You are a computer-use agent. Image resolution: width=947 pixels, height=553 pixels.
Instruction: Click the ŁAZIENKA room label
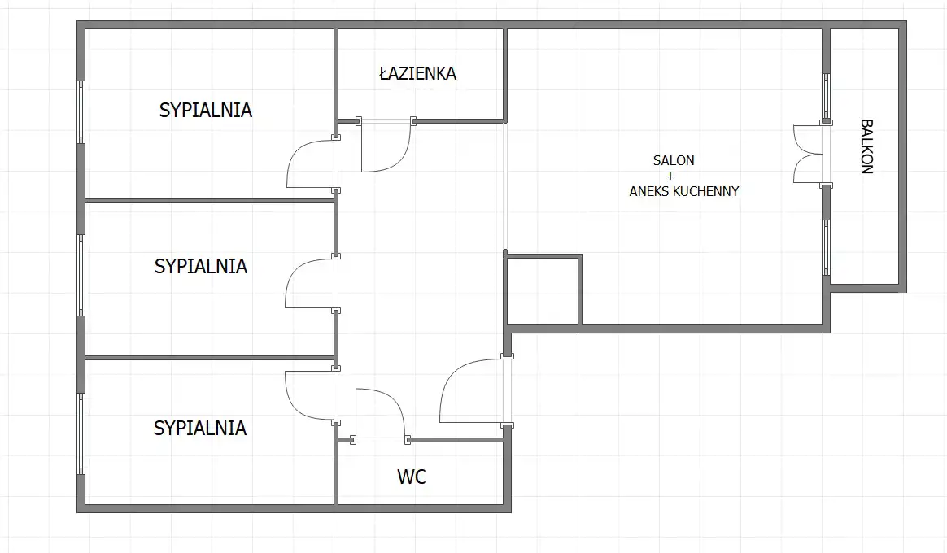click(417, 73)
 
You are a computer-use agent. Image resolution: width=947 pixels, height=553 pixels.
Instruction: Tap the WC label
click(412, 477)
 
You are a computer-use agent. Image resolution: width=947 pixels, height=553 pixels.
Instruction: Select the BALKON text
click(866, 146)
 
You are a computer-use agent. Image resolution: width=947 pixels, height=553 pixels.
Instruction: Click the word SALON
click(674, 160)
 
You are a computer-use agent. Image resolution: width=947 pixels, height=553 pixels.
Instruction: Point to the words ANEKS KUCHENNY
click(683, 191)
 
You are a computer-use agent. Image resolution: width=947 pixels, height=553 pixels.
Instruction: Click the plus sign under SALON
click(670, 176)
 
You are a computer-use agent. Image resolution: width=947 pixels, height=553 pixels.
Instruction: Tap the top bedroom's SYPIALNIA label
click(205, 110)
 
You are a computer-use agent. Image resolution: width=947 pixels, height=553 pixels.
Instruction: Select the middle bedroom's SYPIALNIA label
click(200, 266)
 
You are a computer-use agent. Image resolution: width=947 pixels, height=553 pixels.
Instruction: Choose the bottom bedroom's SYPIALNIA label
click(200, 428)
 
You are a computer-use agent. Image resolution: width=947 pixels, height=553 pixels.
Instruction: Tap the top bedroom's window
click(81, 111)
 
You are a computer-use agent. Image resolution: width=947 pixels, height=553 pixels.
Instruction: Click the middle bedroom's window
click(81, 276)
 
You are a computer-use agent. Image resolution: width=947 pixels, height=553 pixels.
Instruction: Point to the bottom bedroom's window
click(81, 433)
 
